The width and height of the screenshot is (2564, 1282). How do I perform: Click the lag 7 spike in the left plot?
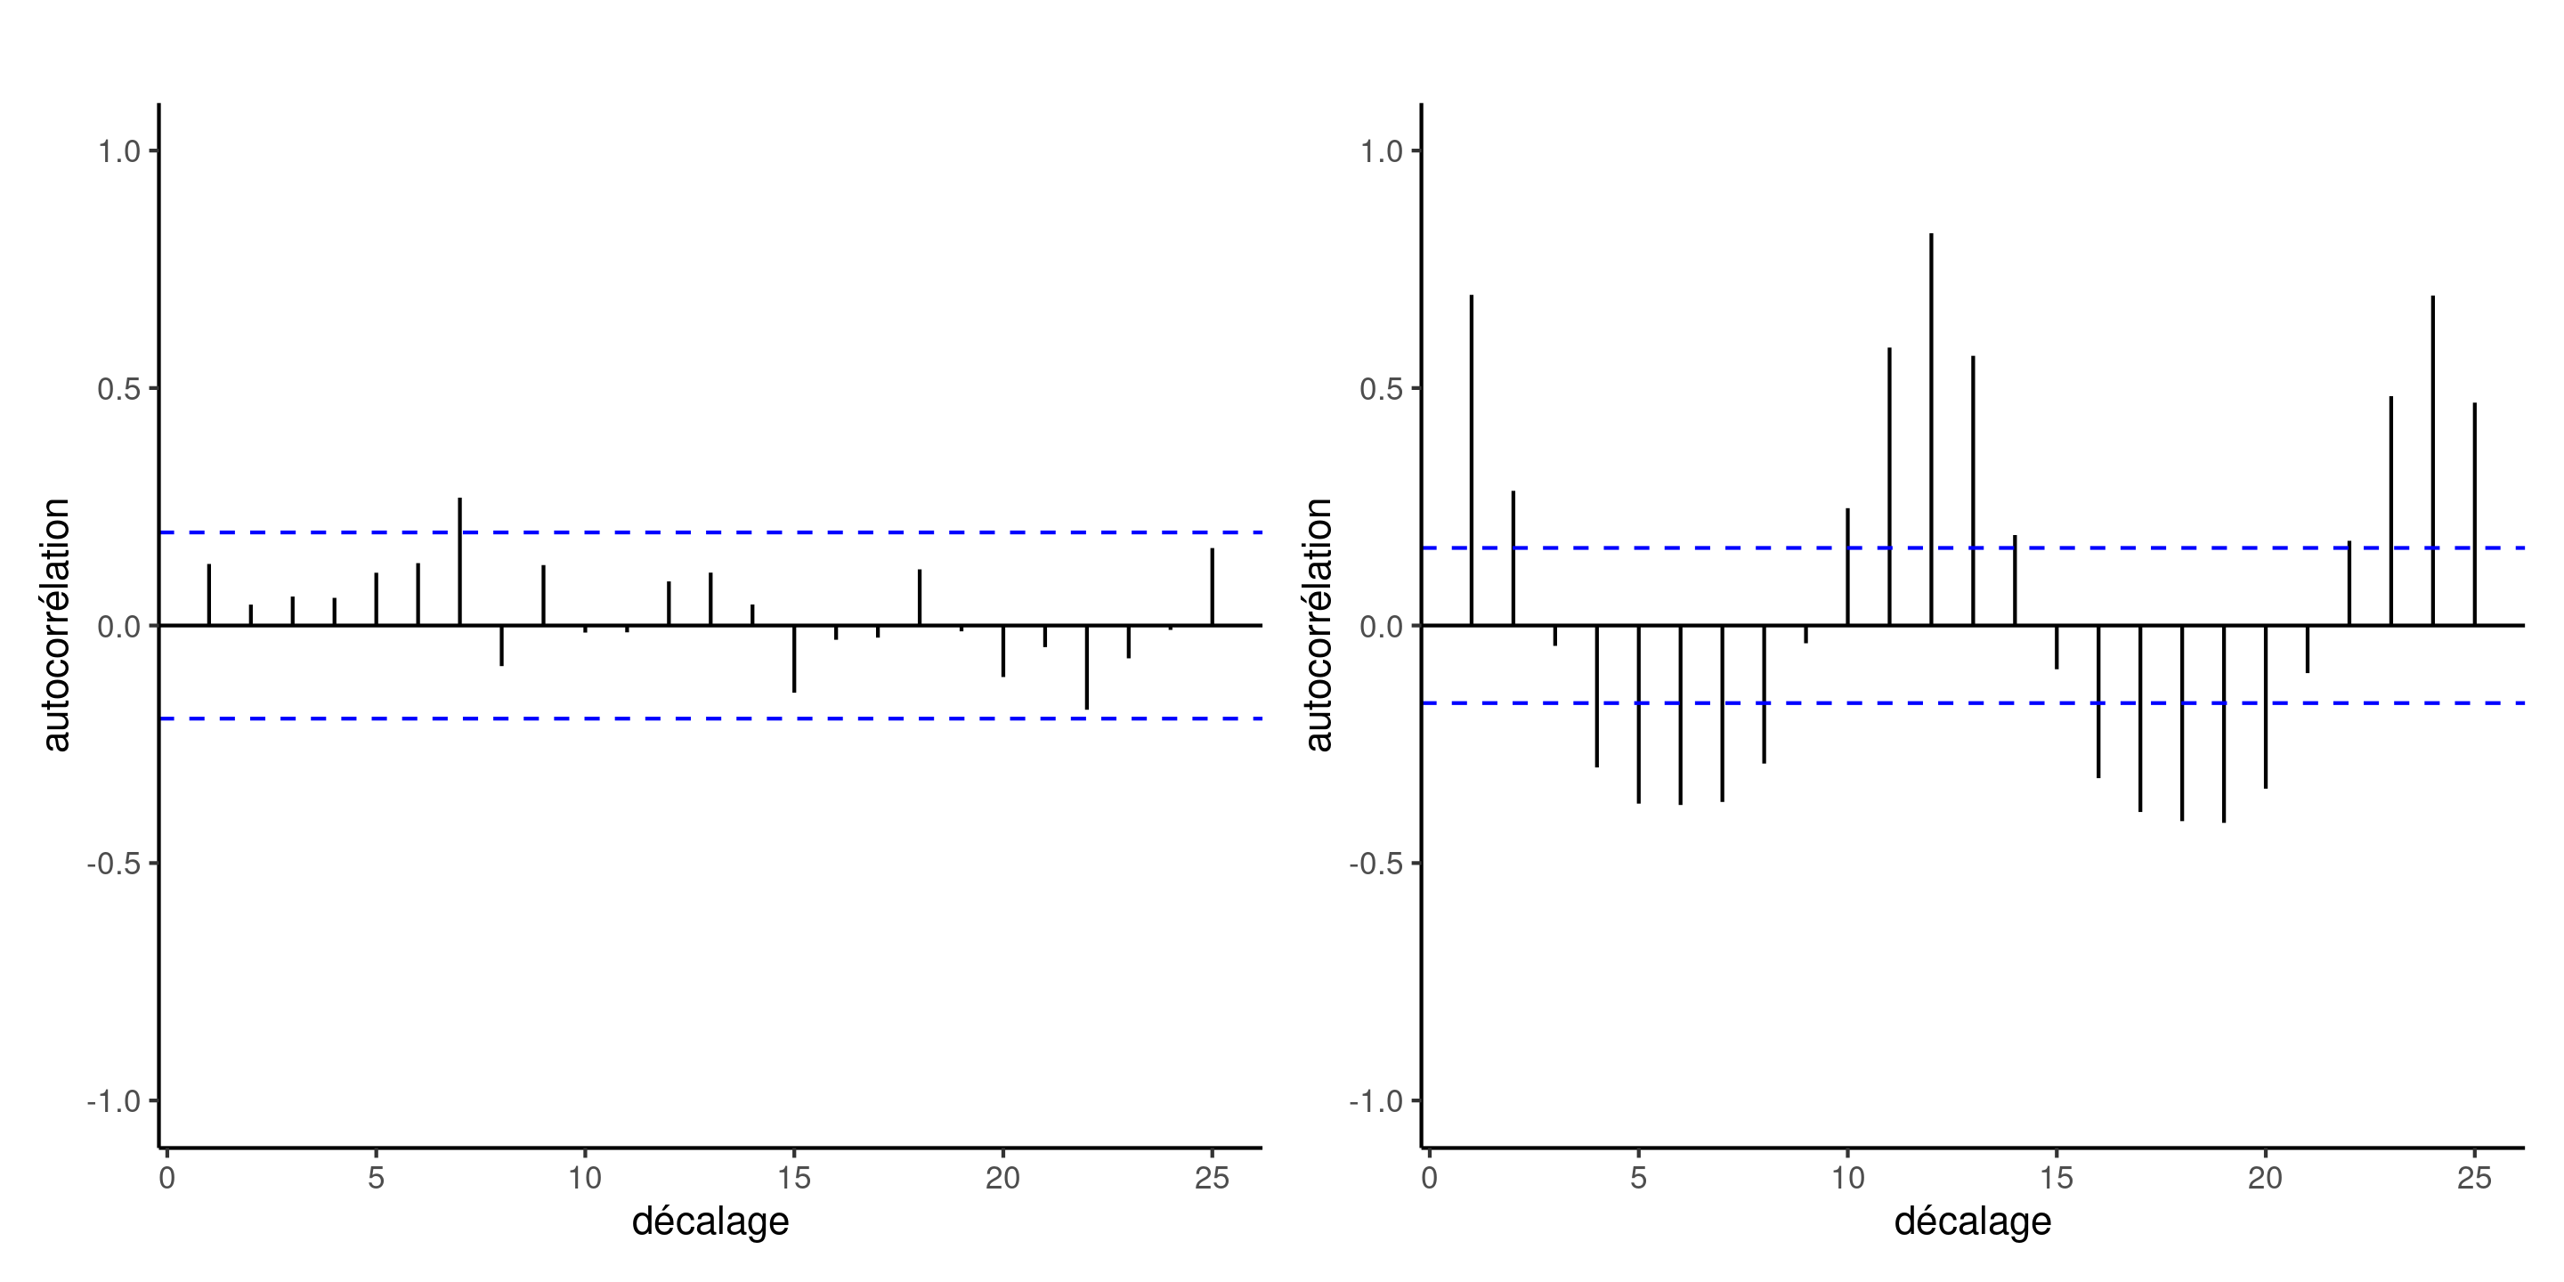pos(460,563)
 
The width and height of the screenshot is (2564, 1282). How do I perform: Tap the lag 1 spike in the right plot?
pos(1471,460)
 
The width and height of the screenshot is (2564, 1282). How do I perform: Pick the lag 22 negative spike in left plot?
pos(1087,667)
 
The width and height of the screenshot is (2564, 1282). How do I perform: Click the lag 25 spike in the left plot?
pos(1213,588)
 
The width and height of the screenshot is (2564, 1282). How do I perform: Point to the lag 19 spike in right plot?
pos(2224,724)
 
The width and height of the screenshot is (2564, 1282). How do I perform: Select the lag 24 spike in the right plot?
pos(2432,461)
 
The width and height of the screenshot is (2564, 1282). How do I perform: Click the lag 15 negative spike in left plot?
pos(794,658)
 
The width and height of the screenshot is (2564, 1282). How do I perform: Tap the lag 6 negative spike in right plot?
pos(1680,715)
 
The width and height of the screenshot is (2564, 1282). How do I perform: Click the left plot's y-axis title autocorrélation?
pos(56,625)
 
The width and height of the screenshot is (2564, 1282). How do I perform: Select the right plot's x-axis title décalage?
pos(1972,1221)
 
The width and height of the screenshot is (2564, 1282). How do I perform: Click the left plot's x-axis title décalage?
pos(710,1221)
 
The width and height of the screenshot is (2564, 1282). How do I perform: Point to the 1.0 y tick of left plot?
pos(118,151)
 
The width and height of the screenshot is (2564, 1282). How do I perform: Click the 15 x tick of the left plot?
pos(794,1179)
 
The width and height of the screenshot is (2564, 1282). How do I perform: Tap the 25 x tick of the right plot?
pos(2474,1179)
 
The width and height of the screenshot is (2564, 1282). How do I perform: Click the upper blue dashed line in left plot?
pos(697,532)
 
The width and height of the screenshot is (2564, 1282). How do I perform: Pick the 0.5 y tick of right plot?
pos(1381,388)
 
